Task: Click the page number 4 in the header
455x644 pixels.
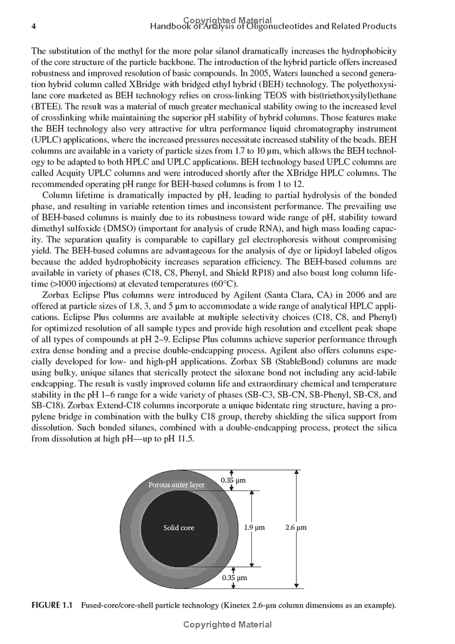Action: [34, 27]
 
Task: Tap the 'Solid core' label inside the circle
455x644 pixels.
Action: [179, 528]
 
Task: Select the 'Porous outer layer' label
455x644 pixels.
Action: [176, 485]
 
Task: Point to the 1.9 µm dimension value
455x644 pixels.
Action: [254, 528]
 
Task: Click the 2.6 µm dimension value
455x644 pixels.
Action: [296, 528]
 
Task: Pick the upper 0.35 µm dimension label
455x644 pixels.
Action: [233, 481]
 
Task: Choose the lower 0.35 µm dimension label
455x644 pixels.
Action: [233, 577]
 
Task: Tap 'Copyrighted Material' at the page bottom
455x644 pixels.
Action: [227, 625]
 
